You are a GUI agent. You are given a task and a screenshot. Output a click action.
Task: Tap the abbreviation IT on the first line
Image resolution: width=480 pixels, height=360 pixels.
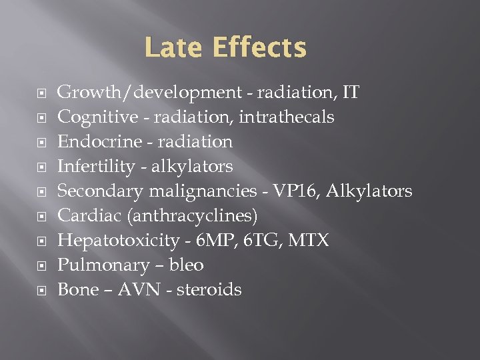pyautogui.click(x=349, y=93)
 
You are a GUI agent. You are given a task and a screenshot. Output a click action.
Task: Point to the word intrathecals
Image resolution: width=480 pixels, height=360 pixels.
pyautogui.click(x=288, y=117)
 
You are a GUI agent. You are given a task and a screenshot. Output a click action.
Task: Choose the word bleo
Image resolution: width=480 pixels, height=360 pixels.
pyautogui.click(x=187, y=265)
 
